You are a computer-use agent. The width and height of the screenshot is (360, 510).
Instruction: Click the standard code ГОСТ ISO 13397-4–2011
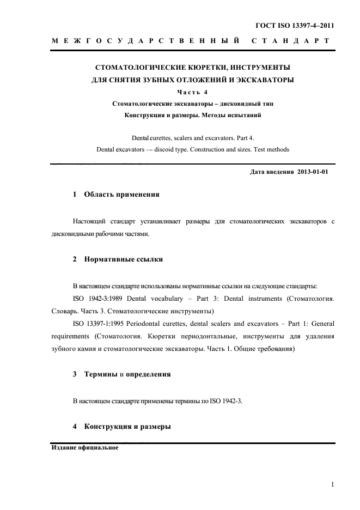click(295, 26)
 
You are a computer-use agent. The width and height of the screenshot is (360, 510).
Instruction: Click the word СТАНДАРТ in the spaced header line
click(291, 41)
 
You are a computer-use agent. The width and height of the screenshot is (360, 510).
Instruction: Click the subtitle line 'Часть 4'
click(193, 92)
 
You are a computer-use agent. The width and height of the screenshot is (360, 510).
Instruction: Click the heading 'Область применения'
click(121, 195)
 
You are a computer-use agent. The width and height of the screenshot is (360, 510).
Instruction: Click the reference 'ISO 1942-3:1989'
click(96, 299)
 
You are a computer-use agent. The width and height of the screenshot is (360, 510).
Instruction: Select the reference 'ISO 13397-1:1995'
click(99, 324)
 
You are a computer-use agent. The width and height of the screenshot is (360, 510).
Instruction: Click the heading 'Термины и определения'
click(127, 374)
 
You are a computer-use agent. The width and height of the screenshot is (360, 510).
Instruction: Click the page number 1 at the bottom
click(332, 484)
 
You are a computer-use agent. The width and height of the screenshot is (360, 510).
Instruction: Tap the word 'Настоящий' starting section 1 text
click(90, 221)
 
